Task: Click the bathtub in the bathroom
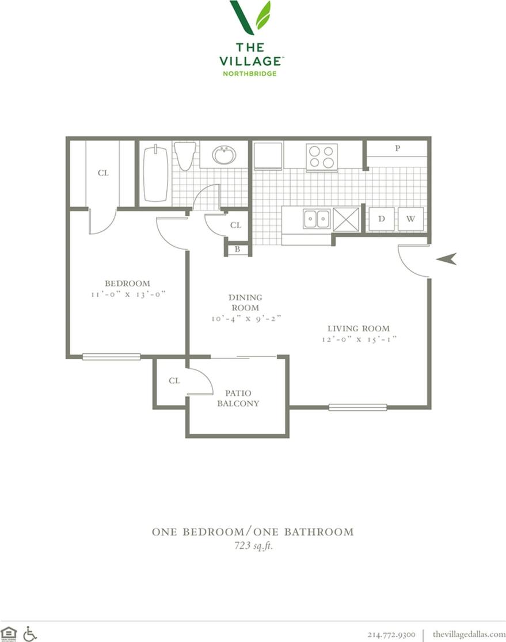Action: click(x=155, y=174)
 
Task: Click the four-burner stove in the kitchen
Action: click(x=321, y=156)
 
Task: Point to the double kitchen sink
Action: click(x=317, y=219)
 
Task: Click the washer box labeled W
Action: click(x=411, y=219)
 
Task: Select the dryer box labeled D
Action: click(x=381, y=219)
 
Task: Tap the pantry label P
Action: click(x=398, y=148)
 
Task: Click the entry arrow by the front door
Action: click(x=446, y=259)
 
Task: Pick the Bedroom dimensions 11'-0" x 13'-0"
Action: click(x=127, y=294)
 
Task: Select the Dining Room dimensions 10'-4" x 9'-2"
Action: click(x=246, y=318)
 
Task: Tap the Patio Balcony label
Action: click(x=238, y=398)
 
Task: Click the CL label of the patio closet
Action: click(x=174, y=381)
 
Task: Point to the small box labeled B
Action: click(x=237, y=250)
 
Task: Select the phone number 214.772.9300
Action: click(x=391, y=633)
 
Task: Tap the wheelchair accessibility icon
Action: click(x=30, y=633)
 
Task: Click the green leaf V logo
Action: click(x=250, y=17)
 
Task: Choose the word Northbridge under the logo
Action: click(x=250, y=74)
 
